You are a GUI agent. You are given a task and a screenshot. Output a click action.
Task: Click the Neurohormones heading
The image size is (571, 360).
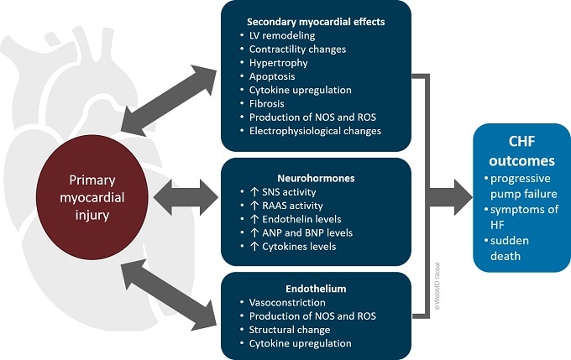coord(316,179)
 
